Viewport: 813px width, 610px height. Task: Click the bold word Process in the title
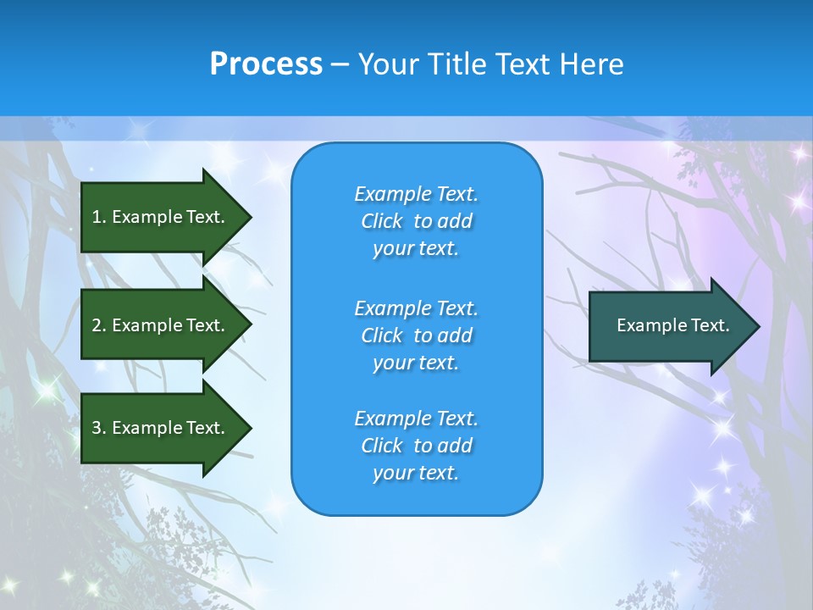tap(266, 64)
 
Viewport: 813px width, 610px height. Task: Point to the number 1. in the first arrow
tap(99, 217)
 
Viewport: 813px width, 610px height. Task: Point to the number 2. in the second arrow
tap(99, 325)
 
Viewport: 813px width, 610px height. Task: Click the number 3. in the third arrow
tap(99, 428)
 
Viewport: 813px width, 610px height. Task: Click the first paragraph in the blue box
tap(416, 221)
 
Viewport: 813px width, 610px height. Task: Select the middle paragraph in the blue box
tap(416, 335)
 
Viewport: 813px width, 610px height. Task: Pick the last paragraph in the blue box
tap(416, 446)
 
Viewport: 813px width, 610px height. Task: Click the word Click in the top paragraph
tap(382, 221)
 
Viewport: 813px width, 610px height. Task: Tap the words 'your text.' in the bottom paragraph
tap(416, 474)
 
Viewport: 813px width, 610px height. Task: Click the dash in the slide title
tap(340, 64)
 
